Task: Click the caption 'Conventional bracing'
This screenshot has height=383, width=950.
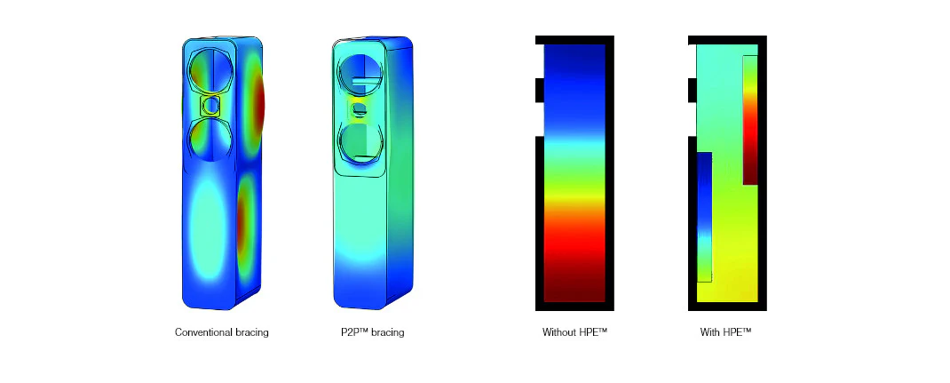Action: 222,332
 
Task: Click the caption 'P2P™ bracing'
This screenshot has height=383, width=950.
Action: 373,332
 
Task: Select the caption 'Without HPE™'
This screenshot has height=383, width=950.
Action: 574,332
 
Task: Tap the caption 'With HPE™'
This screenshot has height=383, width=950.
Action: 726,332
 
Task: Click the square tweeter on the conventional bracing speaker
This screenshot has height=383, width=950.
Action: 211,106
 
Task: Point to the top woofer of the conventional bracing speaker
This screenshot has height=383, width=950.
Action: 210,71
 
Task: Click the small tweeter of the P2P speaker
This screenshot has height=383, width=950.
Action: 360,109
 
